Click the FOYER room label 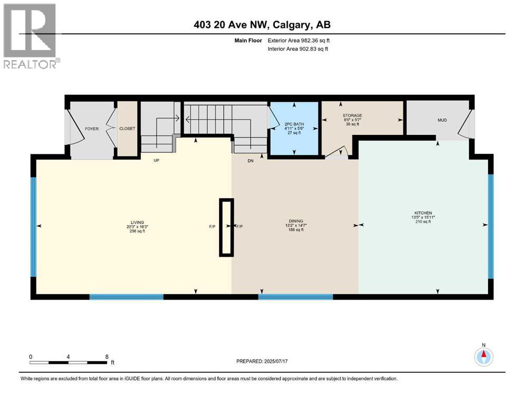[x=92, y=128]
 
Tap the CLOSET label [x=127, y=128]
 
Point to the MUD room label [x=442, y=120]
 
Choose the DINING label [x=296, y=221]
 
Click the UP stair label [x=156, y=160]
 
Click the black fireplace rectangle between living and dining [x=226, y=227]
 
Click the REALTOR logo [x=31, y=36]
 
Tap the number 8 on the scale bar [x=107, y=356]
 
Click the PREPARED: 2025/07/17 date [x=262, y=361]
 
